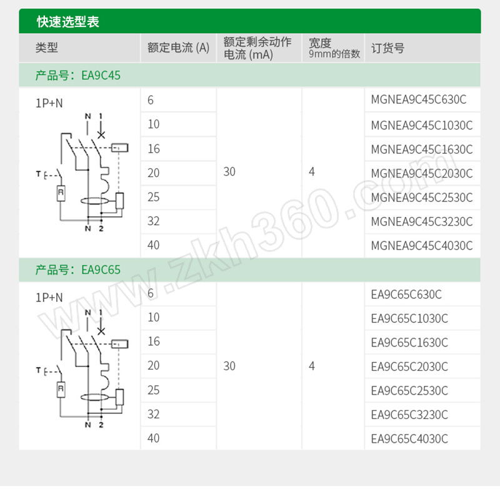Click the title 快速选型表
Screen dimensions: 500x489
[68, 22]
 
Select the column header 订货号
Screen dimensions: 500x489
[387, 48]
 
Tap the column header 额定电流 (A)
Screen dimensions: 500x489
[178, 48]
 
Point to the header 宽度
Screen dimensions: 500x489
[320, 43]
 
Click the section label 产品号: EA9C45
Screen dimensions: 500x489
[77, 76]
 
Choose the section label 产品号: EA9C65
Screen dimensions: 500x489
[77, 270]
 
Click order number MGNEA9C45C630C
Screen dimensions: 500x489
[418, 99]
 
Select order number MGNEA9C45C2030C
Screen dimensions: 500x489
[421, 174]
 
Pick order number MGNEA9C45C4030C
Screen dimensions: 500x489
[421, 246]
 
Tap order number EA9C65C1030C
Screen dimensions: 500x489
[409, 318]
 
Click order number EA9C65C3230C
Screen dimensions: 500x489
[409, 415]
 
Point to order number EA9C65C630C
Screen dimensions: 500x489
[406, 295]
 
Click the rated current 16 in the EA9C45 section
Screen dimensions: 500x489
[153, 149]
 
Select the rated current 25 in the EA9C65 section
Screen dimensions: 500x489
[153, 390]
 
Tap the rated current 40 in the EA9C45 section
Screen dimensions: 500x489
[153, 245]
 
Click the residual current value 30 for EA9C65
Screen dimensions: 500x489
[229, 366]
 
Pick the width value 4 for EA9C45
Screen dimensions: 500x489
[311, 171]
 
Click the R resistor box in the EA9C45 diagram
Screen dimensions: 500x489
[61, 193]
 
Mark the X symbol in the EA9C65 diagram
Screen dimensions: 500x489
[101, 331]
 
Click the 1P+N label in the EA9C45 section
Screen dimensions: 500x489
[49, 103]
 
